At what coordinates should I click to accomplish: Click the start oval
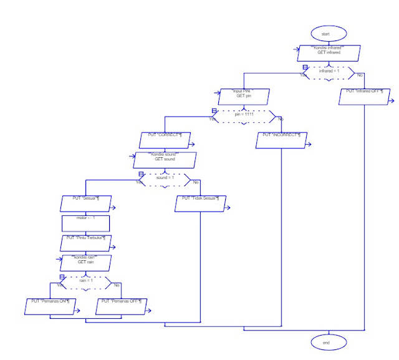(x=325, y=34)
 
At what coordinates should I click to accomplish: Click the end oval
(x=325, y=343)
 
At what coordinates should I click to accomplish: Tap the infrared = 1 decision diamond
(x=329, y=72)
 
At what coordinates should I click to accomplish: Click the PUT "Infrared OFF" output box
(x=364, y=95)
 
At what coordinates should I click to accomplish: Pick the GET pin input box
(x=244, y=95)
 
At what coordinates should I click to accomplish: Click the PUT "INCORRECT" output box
(x=282, y=140)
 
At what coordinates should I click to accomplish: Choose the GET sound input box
(x=165, y=160)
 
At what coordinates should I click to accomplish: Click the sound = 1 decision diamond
(x=165, y=180)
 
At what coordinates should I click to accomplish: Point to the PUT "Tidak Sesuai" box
(x=199, y=203)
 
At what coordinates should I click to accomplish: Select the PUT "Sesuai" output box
(x=86, y=203)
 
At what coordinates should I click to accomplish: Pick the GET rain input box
(x=86, y=261)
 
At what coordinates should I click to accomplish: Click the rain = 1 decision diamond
(x=85, y=281)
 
